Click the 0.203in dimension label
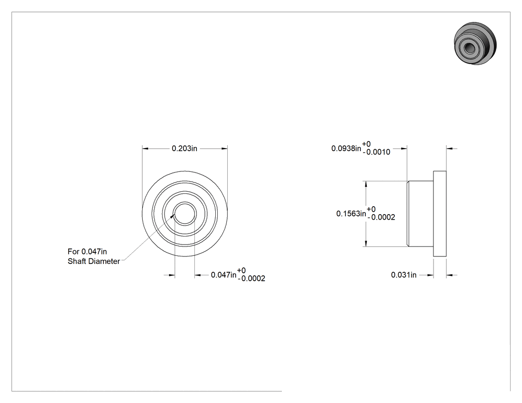pos(184,149)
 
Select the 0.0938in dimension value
pos(346,149)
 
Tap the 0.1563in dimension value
pos(351,214)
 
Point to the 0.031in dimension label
pos(404,275)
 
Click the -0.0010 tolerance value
pos(376,153)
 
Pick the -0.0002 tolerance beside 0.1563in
pos(381,217)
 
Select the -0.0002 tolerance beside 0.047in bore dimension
pos(252,279)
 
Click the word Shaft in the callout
pos(76,261)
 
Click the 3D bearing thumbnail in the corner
pos(475,44)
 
